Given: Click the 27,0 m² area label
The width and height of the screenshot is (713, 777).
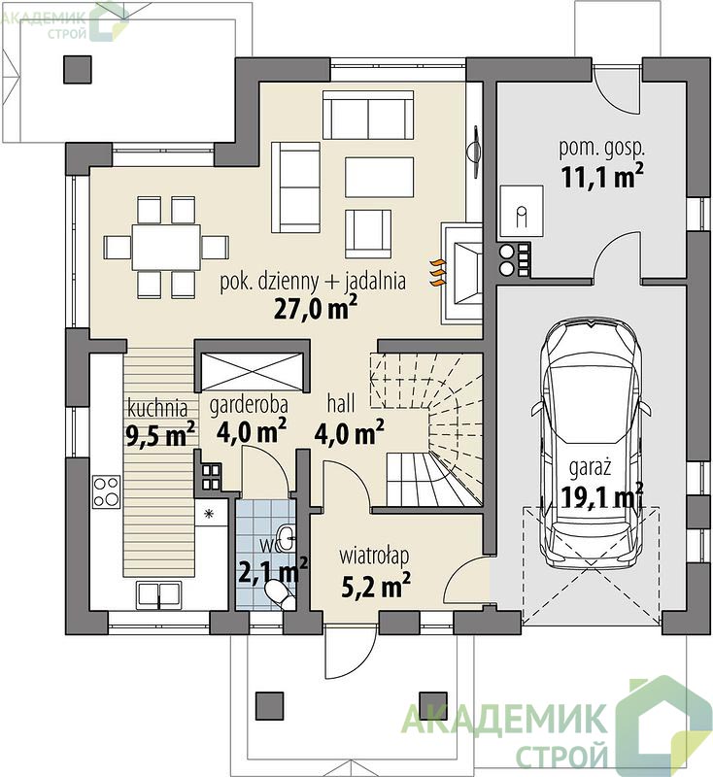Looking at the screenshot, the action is tap(316, 308).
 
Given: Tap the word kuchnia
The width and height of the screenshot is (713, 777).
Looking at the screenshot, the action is tap(157, 408).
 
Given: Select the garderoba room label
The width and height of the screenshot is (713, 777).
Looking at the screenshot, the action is tap(249, 405).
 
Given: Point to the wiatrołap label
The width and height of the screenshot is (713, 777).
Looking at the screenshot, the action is tap(374, 556).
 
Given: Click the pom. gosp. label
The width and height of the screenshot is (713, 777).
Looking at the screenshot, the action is tap(602, 149).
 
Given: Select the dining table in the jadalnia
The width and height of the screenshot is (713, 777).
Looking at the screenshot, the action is tap(166, 247).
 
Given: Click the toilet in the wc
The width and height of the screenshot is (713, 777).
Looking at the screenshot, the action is tap(279, 592).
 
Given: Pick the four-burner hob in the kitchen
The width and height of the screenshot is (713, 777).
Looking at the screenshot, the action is tap(106, 490).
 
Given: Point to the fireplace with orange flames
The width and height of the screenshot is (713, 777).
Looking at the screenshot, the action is tap(460, 273).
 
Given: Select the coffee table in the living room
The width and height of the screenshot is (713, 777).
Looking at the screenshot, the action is tap(379, 177).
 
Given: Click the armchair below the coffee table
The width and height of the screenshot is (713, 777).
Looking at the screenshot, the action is tap(368, 233).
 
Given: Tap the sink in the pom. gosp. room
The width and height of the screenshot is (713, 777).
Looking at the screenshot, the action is tap(522, 211).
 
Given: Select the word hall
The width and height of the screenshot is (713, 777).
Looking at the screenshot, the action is tap(340, 403).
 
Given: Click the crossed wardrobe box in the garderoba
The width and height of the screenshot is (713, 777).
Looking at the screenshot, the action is tap(254, 372).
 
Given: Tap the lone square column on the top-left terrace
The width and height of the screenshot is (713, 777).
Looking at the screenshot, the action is tap(78, 69).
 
